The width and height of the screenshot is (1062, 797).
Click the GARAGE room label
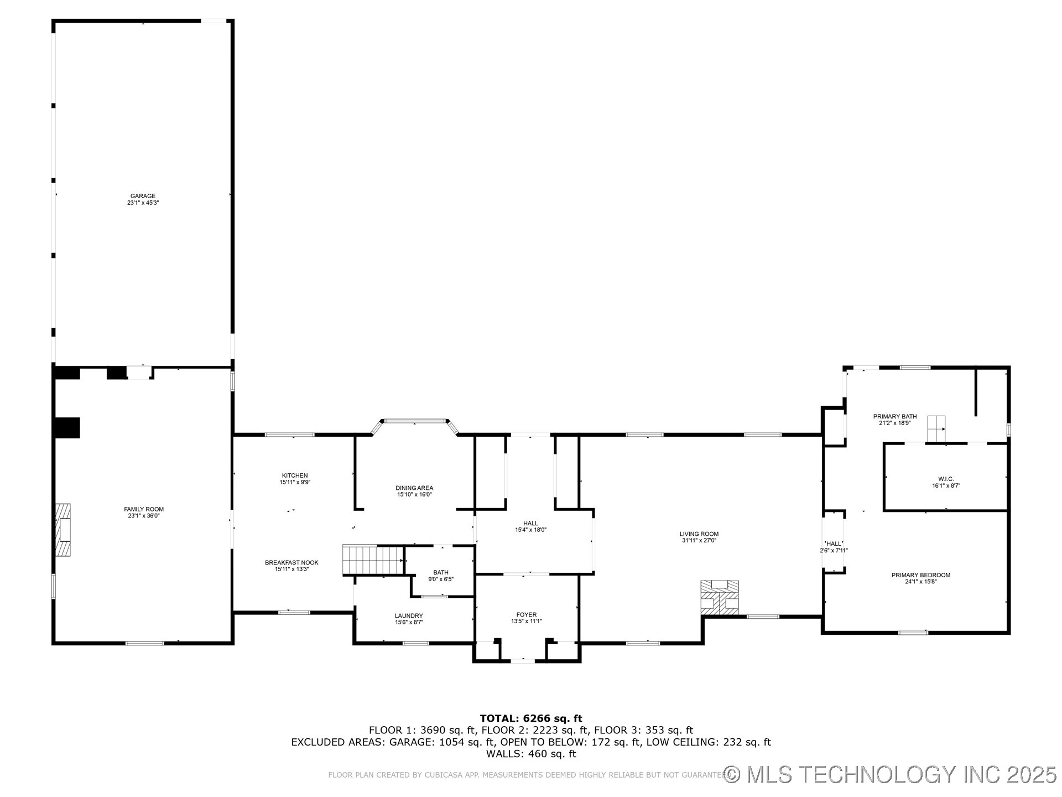pos(143,196)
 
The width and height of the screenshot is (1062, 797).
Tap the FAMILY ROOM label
pos(144,509)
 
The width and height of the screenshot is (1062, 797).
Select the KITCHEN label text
pos(295,475)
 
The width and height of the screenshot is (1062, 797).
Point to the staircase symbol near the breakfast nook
pos(372,560)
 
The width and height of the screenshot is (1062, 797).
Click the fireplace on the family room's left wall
pos(64,530)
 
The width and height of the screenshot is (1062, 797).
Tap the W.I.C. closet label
pos(946,479)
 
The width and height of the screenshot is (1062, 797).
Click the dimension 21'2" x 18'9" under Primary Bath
pos(895,423)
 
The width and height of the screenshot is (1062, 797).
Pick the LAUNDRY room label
pos(409,615)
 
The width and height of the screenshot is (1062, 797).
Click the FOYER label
pos(527,614)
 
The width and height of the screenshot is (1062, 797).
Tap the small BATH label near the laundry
pos(441,572)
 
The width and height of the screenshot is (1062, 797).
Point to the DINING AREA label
pos(414,488)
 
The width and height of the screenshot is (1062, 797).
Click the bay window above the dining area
pos(415,421)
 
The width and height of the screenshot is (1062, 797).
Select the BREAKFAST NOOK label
pos(291,562)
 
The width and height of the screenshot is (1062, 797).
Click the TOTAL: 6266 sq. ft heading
pos(531,718)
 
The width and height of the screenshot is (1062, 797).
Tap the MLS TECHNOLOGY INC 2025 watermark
pos(891,774)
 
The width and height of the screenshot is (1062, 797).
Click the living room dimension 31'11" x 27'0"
pos(699,541)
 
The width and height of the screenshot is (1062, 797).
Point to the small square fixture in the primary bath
pos(936,428)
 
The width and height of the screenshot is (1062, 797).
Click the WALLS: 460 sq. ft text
pos(531,754)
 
